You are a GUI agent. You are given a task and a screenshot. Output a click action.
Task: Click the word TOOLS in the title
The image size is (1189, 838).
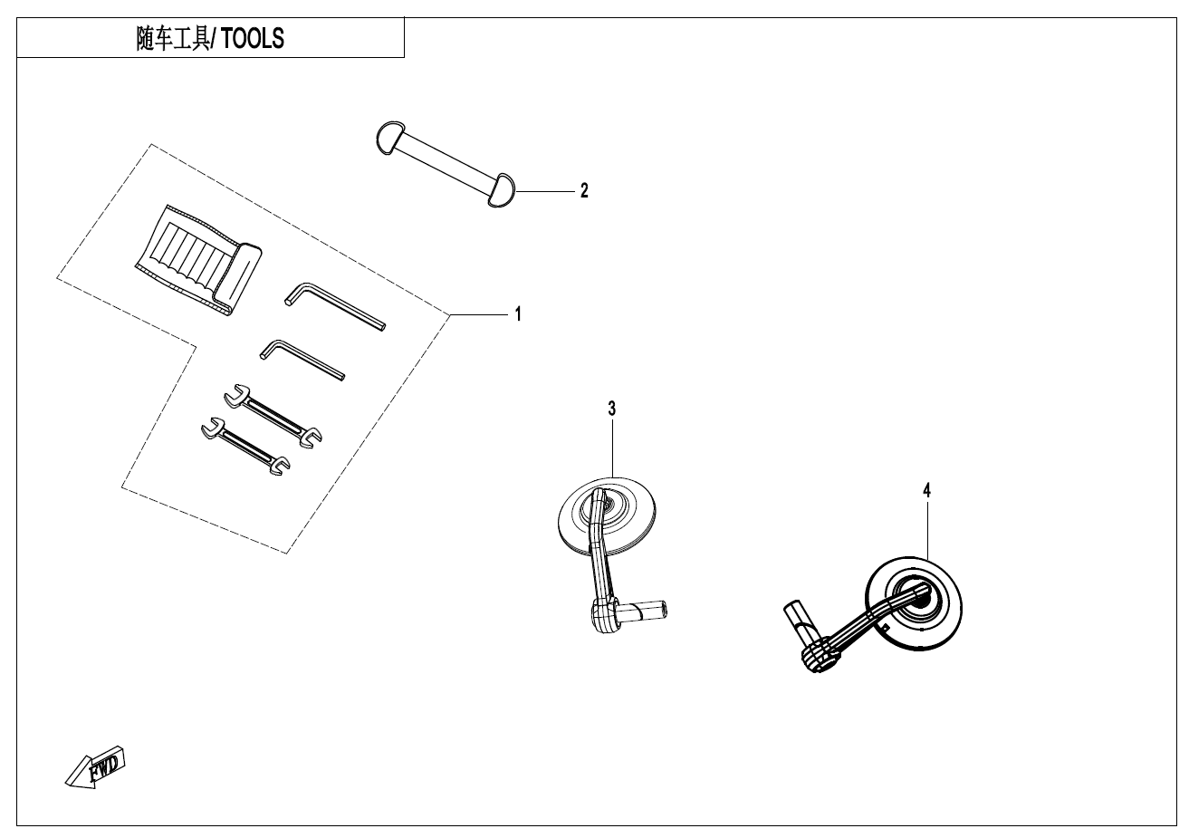click(253, 40)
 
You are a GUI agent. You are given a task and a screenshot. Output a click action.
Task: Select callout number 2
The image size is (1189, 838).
click(584, 191)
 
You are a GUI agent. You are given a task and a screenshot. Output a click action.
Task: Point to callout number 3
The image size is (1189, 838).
click(612, 409)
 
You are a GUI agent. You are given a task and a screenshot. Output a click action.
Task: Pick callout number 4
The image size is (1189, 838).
click(926, 490)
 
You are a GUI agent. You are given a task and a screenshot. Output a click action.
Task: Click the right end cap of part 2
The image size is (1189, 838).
click(501, 190)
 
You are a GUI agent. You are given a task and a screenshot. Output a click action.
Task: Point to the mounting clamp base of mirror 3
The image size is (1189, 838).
click(607, 616)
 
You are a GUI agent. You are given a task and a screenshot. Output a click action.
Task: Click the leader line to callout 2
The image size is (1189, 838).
click(543, 191)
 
